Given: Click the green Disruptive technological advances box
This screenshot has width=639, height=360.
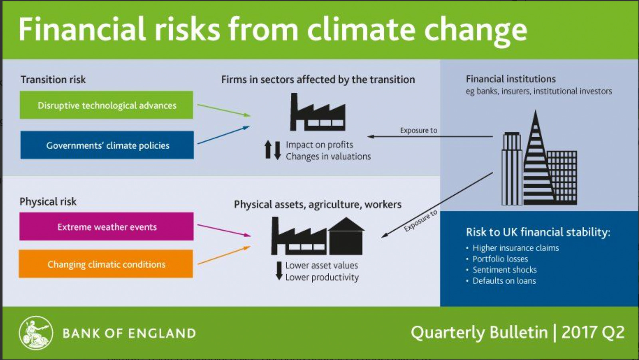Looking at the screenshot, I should point(106,105).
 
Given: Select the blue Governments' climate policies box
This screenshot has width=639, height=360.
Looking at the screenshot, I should point(107,145).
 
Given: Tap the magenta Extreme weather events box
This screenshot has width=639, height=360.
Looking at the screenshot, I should point(106,227).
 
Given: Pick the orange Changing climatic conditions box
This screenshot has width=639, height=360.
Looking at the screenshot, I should point(106,264).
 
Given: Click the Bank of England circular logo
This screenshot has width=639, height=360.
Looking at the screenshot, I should point(36,333).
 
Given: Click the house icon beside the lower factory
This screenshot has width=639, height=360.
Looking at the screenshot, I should point(346,237).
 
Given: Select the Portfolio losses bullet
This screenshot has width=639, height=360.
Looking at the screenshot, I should point(500,259).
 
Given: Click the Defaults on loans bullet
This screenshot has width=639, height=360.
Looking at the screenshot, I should point(504,281).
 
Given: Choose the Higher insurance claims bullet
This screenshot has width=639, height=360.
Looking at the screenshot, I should point(515,248).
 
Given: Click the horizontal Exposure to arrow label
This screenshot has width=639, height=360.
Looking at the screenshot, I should point(419,130).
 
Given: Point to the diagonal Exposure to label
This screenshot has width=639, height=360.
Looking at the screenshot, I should point(420,220).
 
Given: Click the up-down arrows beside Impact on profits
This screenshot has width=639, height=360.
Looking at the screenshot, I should point(273,150).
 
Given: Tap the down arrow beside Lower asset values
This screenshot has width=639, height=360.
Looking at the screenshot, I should point(279,271).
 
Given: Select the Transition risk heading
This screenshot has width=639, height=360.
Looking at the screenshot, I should point(53,79).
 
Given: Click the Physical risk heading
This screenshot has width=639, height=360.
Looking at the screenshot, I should point(48,202).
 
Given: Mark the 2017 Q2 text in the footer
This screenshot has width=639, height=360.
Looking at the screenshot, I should point(593,332).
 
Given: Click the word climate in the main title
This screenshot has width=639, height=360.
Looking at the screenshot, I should point(361,30).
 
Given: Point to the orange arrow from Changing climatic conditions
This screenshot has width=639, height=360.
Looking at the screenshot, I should point(224,255).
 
